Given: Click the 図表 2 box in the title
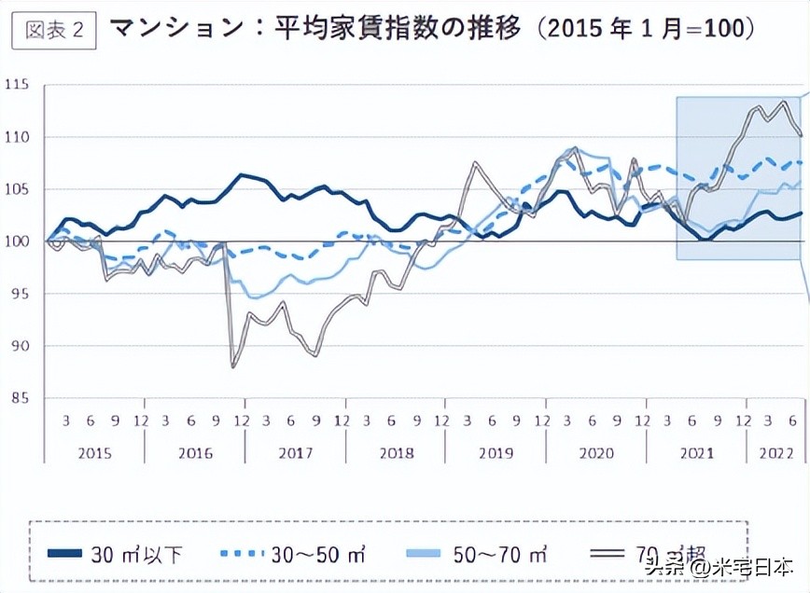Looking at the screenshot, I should point(53,30).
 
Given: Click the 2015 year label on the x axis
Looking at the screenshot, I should point(94,453).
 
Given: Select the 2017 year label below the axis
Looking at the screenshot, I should point(295,453).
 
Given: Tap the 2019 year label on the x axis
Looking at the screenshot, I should point(496,453).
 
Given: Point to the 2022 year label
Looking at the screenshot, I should point(775,453).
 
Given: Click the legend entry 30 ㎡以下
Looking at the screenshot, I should point(136,556).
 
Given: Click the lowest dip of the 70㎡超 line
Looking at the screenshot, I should point(232,367).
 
